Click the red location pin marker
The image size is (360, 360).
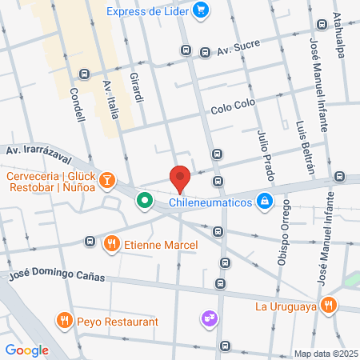(180, 178)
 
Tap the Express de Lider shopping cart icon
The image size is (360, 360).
(201, 10)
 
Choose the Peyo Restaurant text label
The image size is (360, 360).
(118, 321)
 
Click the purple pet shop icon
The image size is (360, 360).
(210, 318)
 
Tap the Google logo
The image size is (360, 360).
(27, 349)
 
